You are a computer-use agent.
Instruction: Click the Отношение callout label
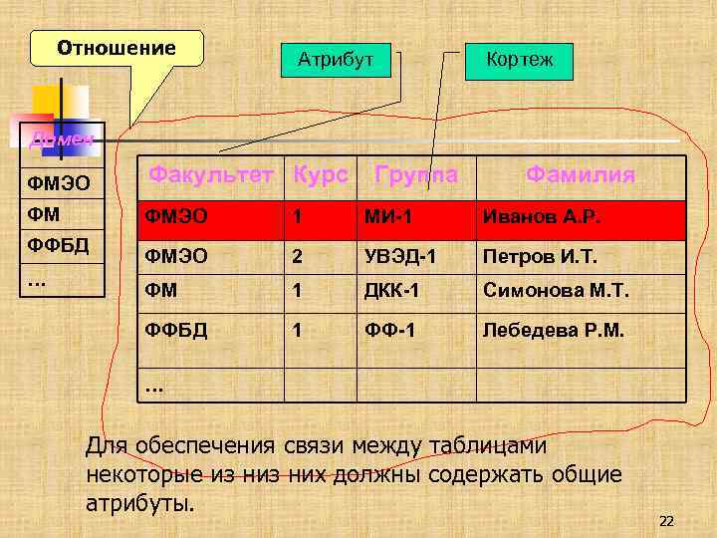pyautogui.click(x=117, y=48)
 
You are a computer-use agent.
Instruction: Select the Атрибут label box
pyautogui.click(x=336, y=61)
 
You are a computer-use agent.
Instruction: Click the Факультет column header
pyautogui.click(x=210, y=175)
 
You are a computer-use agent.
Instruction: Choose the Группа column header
pyautogui.click(x=416, y=175)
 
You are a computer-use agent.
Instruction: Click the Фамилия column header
pyautogui.click(x=580, y=175)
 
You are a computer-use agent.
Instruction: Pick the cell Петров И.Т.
pyautogui.click(x=540, y=257)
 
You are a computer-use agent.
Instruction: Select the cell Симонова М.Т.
pyautogui.click(x=553, y=293)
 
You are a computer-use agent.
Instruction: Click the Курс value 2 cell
pyautogui.click(x=297, y=257)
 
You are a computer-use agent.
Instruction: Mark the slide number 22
pyautogui.click(x=666, y=521)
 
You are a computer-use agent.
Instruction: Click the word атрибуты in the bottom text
pyautogui.click(x=140, y=502)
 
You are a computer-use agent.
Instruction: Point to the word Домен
pyautogui.click(x=61, y=139)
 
